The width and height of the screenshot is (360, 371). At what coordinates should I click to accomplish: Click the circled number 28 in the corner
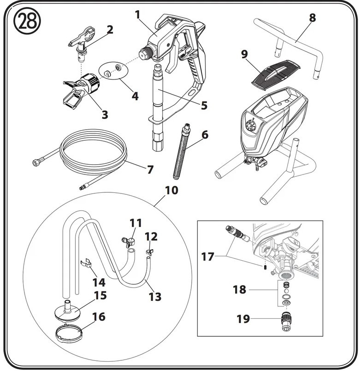27,21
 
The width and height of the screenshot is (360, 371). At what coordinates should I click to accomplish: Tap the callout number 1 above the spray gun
137,15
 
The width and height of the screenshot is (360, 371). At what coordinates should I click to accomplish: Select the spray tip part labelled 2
82,44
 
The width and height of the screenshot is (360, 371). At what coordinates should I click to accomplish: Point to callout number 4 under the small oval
135,96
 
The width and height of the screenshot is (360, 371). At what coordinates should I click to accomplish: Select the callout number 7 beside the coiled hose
150,169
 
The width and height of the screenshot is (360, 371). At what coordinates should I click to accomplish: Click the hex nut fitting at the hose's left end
36,162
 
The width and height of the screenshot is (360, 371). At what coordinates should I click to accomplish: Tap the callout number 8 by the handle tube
313,18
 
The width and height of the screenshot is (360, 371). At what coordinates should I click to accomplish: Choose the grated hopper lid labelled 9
276,75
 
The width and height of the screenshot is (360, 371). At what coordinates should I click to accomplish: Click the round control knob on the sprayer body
250,126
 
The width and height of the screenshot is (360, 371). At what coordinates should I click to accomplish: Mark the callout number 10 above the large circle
171,191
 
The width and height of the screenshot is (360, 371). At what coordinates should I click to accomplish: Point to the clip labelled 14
87,263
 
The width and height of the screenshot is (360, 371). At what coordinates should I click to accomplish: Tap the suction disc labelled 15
68,311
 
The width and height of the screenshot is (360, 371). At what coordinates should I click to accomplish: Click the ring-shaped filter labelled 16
69,333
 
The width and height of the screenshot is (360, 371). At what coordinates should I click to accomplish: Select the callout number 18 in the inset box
239,290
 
